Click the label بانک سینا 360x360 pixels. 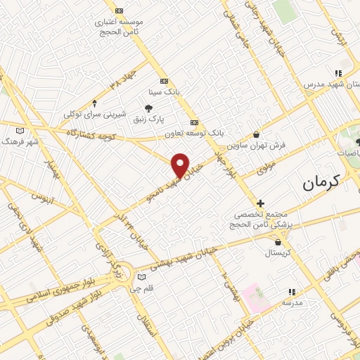click(164, 91)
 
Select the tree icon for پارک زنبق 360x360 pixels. click(148, 108)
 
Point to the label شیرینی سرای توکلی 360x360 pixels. click(95, 114)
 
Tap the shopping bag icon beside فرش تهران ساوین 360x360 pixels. click(256, 134)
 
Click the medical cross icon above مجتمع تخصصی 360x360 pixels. click(260, 202)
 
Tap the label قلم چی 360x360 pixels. click(141, 288)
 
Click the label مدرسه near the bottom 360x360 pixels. click(292, 302)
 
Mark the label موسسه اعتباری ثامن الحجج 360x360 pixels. click(120, 26)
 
